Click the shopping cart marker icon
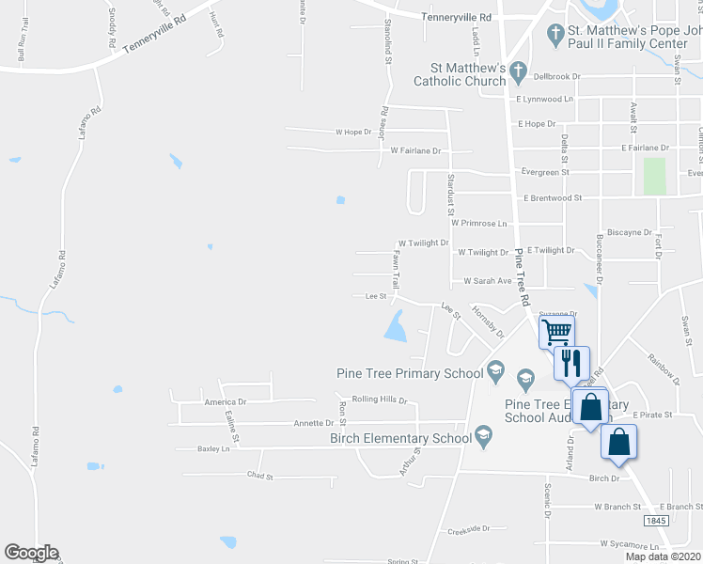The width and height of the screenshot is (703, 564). (x=556, y=332)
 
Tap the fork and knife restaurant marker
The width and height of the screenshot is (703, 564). (x=572, y=362)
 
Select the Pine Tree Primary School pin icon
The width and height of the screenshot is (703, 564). (x=497, y=373)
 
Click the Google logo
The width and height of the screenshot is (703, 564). (x=31, y=553)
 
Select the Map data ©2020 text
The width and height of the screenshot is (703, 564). (x=663, y=556)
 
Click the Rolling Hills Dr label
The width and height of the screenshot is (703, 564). (x=379, y=399)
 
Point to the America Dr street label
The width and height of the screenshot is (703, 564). (x=225, y=401)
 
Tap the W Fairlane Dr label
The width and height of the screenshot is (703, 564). (x=415, y=150)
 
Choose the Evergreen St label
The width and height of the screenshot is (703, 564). (x=546, y=172)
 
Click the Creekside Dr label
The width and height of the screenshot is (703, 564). (x=470, y=529)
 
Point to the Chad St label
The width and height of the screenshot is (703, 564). (x=259, y=477)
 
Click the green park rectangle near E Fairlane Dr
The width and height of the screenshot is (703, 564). (x=654, y=176)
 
